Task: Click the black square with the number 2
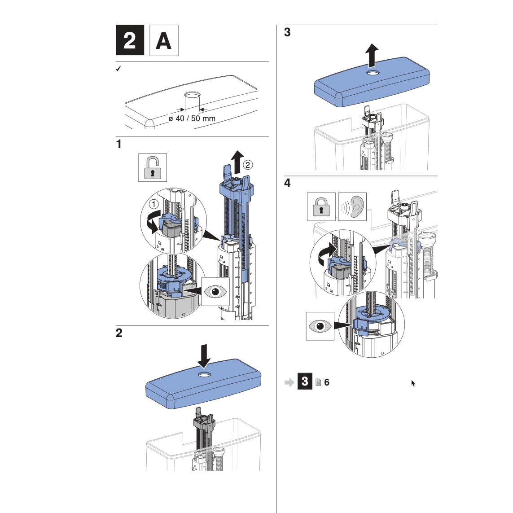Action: pyautogui.click(x=130, y=40)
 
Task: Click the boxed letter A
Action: pyautogui.click(x=164, y=40)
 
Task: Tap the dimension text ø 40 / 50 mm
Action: pyautogui.click(x=192, y=118)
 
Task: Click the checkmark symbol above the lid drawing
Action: pyautogui.click(x=118, y=69)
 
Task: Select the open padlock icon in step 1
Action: pyautogui.click(x=153, y=168)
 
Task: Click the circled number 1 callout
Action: pyautogui.click(x=154, y=204)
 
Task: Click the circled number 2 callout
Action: pyautogui.click(x=248, y=165)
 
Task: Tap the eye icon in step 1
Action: pyautogui.click(x=215, y=291)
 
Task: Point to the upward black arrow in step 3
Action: pyautogui.click(x=371, y=56)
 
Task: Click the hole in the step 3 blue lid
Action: pyautogui.click(x=372, y=73)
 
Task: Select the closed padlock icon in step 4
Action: pyautogui.click(x=321, y=207)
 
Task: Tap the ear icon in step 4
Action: pyautogui.click(x=352, y=207)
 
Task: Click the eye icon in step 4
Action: pyautogui.click(x=320, y=326)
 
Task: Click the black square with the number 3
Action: pyautogui.click(x=305, y=381)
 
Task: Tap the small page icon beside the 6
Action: pyautogui.click(x=318, y=382)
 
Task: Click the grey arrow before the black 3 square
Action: pyautogui.click(x=289, y=382)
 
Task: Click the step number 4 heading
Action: pyautogui.click(x=287, y=183)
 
